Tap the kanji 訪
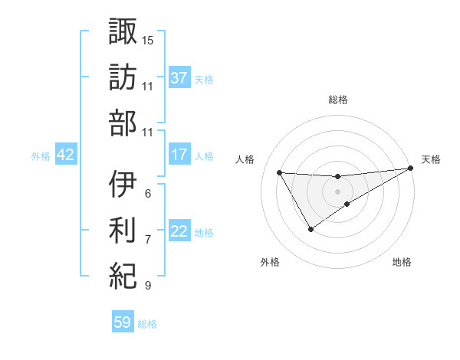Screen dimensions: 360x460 tap(123, 76)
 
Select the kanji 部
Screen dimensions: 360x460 tap(123, 123)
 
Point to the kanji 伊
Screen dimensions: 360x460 tap(123, 183)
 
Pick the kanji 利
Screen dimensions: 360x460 tap(123, 229)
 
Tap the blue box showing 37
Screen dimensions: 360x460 tap(179, 77)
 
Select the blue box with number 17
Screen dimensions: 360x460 tap(179, 155)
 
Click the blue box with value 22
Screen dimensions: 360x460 tap(179, 231)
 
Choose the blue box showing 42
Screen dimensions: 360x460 tap(65, 155)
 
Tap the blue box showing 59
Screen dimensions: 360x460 tap(123, 322)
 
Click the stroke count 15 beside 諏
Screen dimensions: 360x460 tap(148, 39)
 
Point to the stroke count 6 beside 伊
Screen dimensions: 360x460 tap(147, 192)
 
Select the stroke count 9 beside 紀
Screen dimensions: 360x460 tap(147, 286)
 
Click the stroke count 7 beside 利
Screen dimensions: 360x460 tap(147, 239)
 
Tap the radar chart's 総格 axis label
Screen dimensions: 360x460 tap(338, 100)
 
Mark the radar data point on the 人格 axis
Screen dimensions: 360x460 tap(279, 172)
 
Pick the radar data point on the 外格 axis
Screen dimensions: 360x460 tap(310, 229)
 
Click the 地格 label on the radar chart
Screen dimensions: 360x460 tap(402, 262)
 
